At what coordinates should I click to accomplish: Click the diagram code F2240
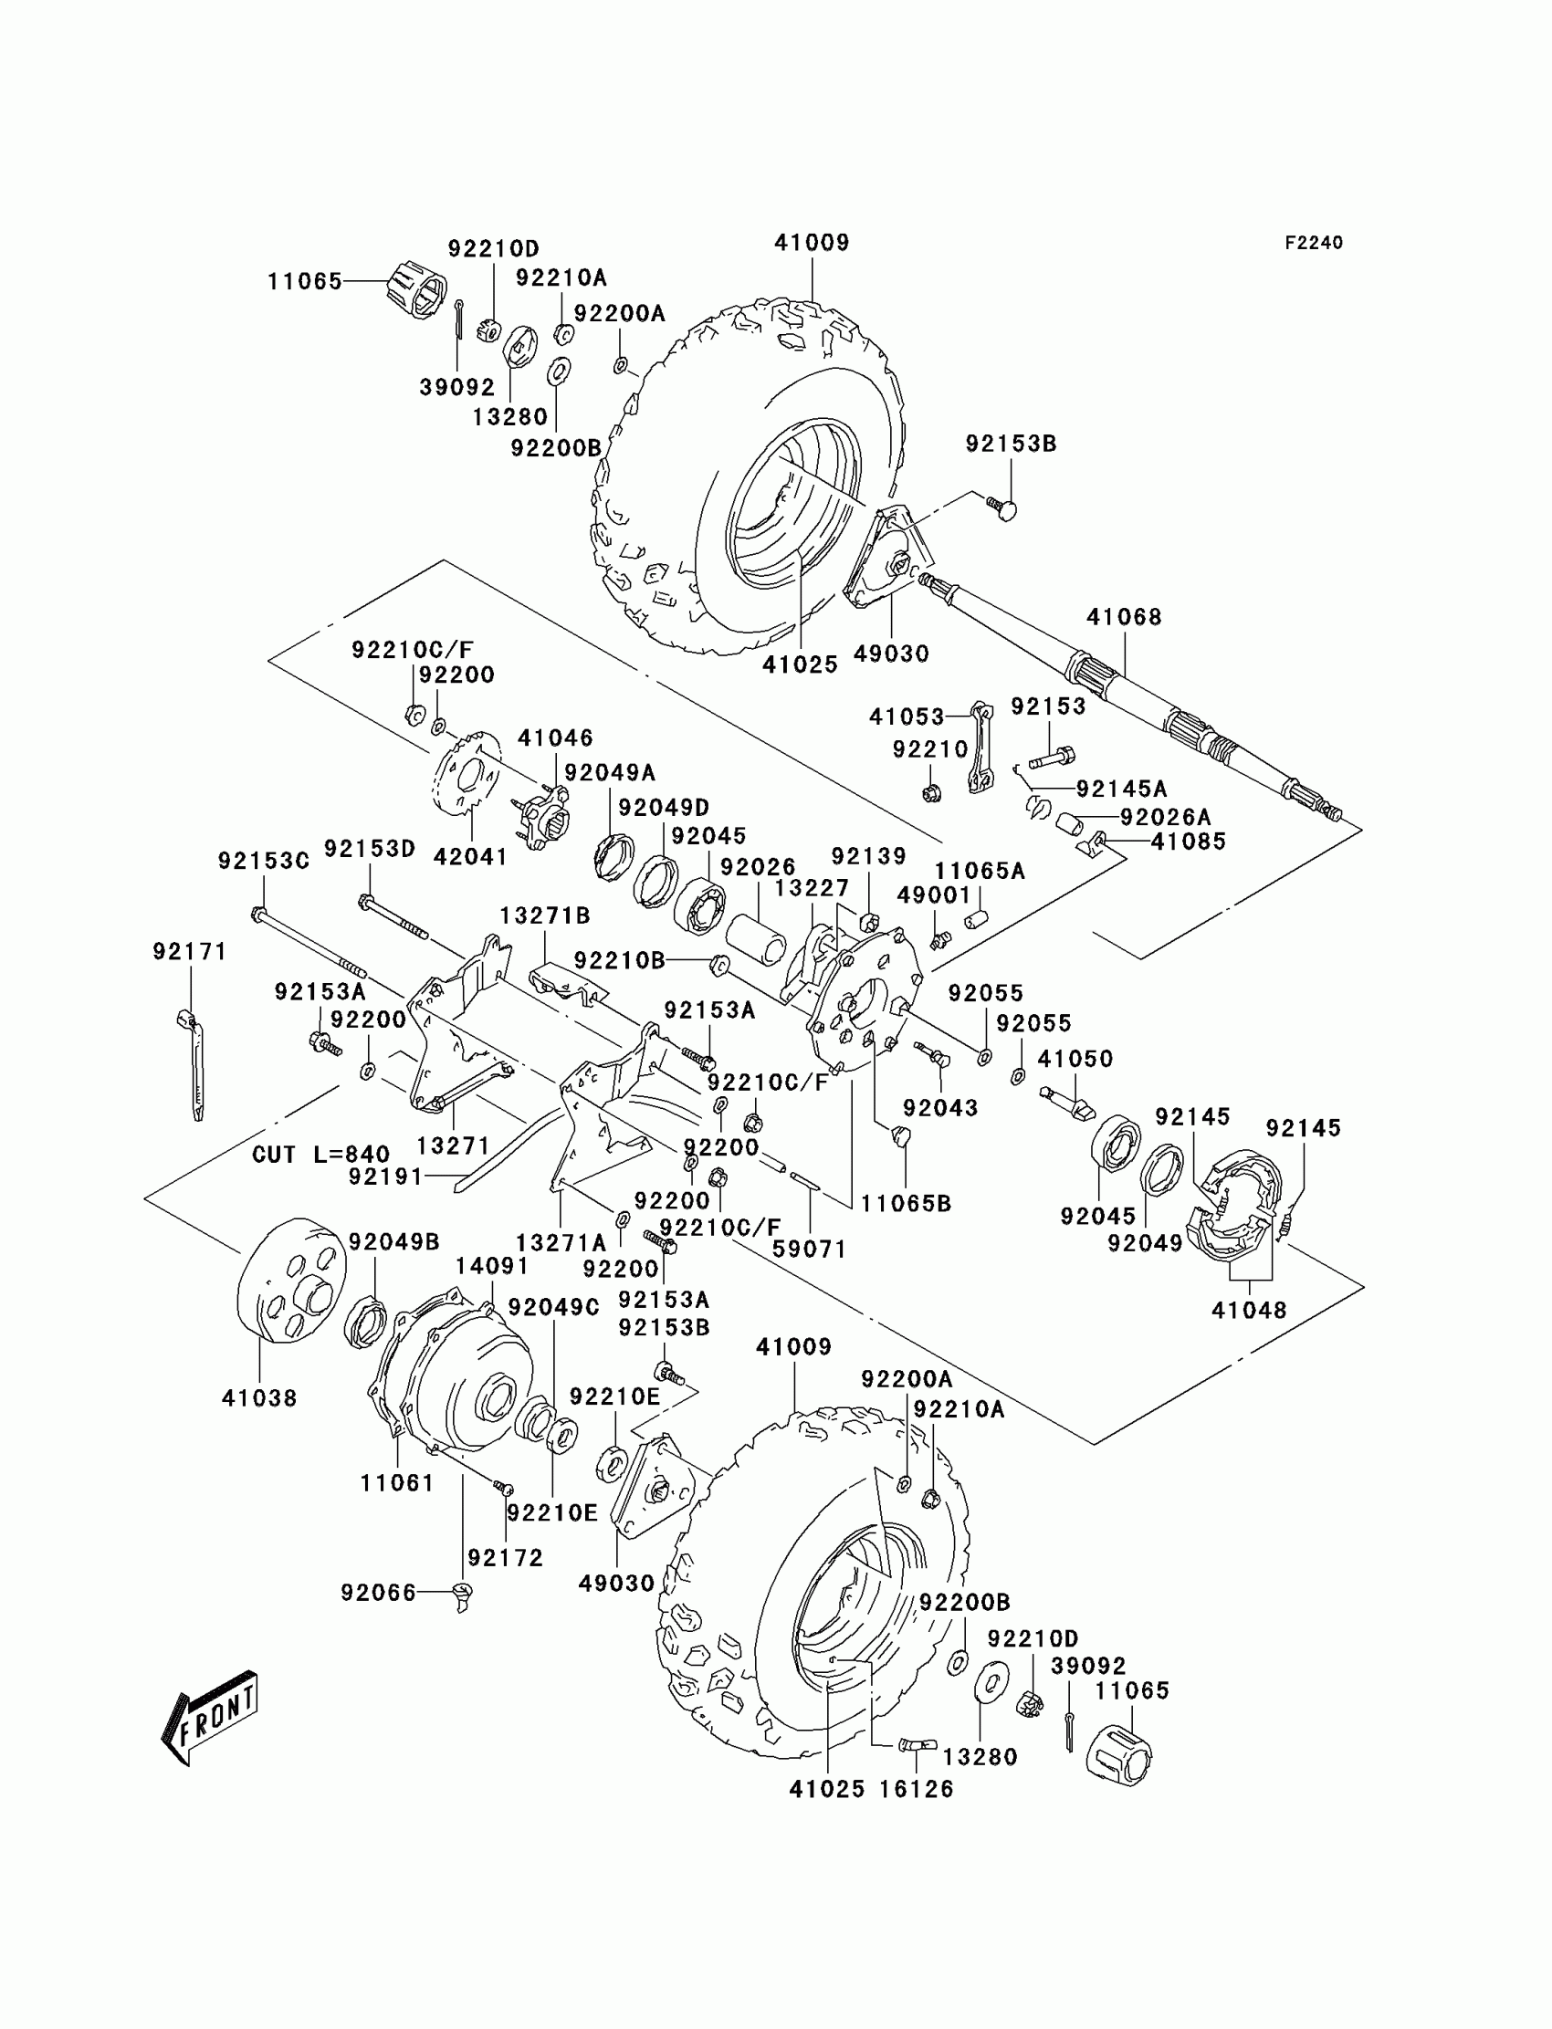coord(1314,243)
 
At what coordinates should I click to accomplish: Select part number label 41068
coord(1123,617)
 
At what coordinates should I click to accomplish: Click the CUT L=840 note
coord(320,1155)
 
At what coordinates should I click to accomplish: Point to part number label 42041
coord(470,857)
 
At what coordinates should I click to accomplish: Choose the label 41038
coord(259,1398)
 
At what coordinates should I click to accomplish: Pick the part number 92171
coord(189,951)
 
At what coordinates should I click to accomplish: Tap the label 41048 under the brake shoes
coord(1249,1310)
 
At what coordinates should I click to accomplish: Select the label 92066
coord(379,1592)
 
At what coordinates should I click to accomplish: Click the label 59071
coord(809,1249)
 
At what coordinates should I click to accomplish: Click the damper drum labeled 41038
coord(292,1280)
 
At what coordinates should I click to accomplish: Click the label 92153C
coord(263,861)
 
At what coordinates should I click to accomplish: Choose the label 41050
coord(1075,1059)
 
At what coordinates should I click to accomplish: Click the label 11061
coord(397,1483)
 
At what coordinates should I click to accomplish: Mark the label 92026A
coord(1165,817)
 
